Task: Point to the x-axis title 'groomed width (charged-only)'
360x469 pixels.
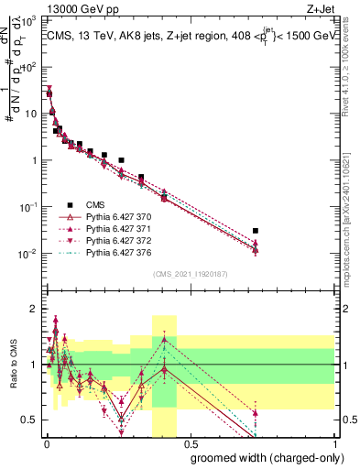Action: click(260, 456)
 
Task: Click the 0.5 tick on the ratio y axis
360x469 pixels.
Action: click(31, 420)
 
